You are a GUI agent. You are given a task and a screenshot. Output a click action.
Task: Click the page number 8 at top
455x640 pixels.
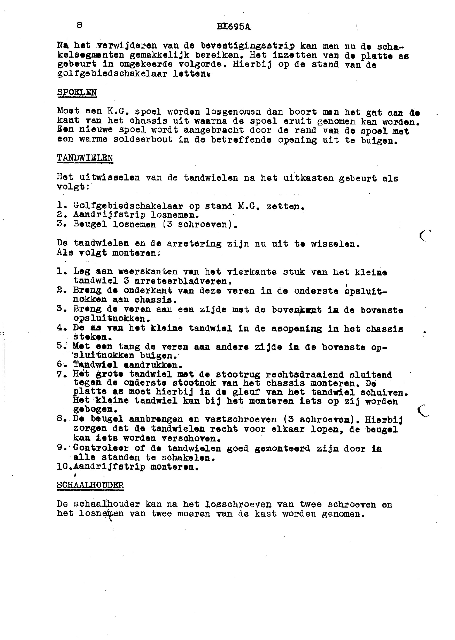coord(79,25)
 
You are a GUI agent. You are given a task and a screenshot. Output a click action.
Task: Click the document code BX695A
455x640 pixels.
coord(234,27)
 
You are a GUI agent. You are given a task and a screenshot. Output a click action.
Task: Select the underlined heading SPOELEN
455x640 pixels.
coord(77,92)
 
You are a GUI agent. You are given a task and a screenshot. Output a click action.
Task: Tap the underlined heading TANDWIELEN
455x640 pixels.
coord(85,158)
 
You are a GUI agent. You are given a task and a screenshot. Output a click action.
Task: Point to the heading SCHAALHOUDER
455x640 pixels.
coord(90,485)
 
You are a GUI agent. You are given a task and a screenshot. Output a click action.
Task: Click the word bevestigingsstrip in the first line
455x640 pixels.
coord(248,46)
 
